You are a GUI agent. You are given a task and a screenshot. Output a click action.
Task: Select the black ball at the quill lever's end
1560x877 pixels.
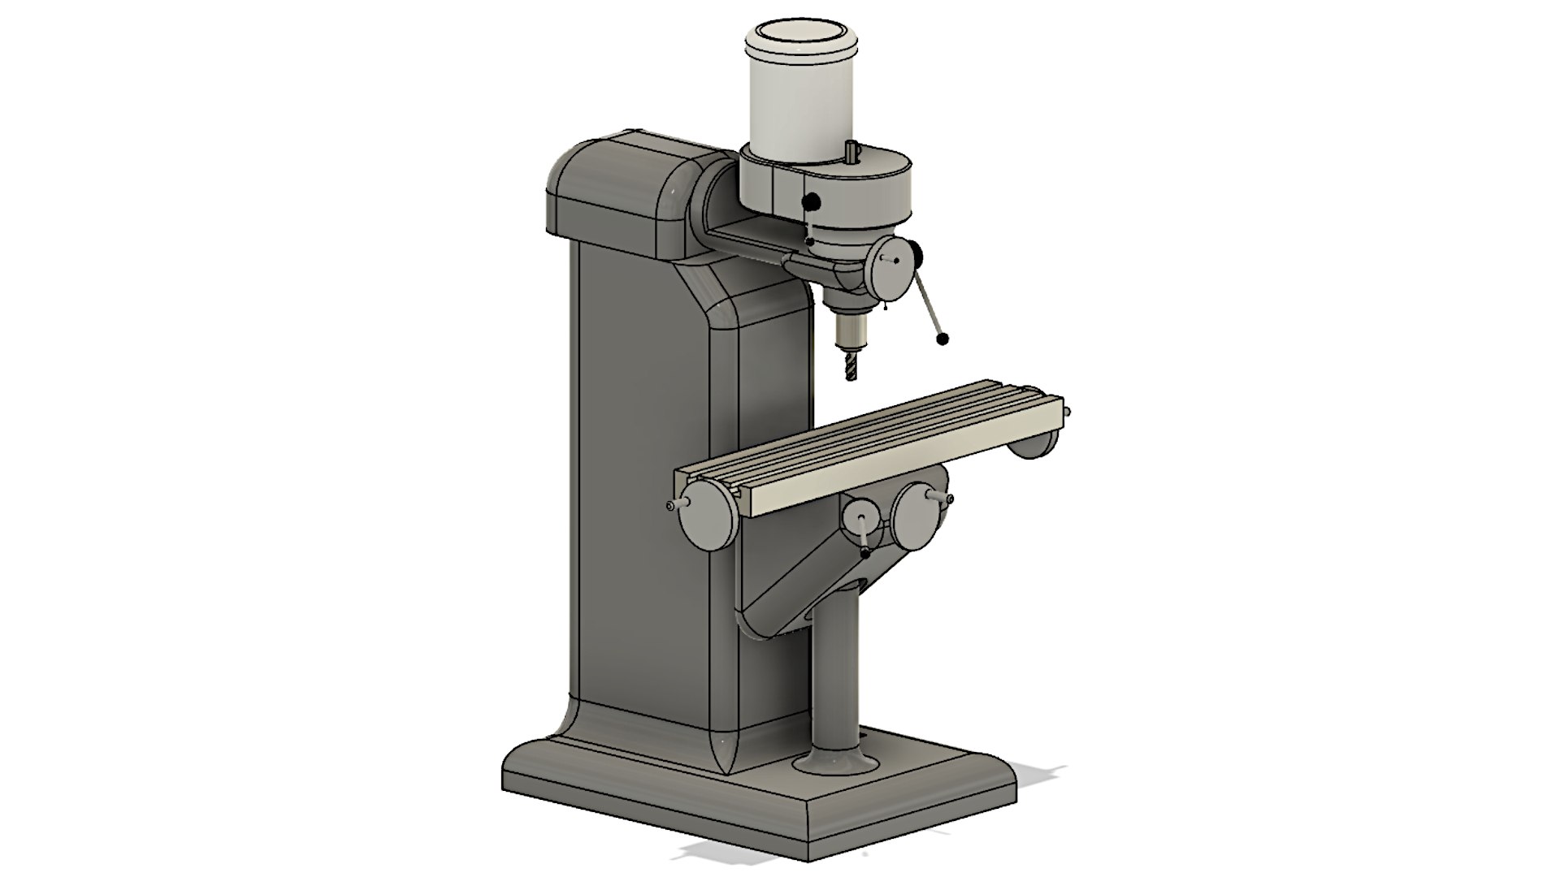pos(942,339)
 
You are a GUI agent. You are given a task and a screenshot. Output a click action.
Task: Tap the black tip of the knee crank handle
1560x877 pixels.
pos(866,552)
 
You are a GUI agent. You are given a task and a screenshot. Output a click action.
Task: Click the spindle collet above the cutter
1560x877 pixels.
pos(850,332)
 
